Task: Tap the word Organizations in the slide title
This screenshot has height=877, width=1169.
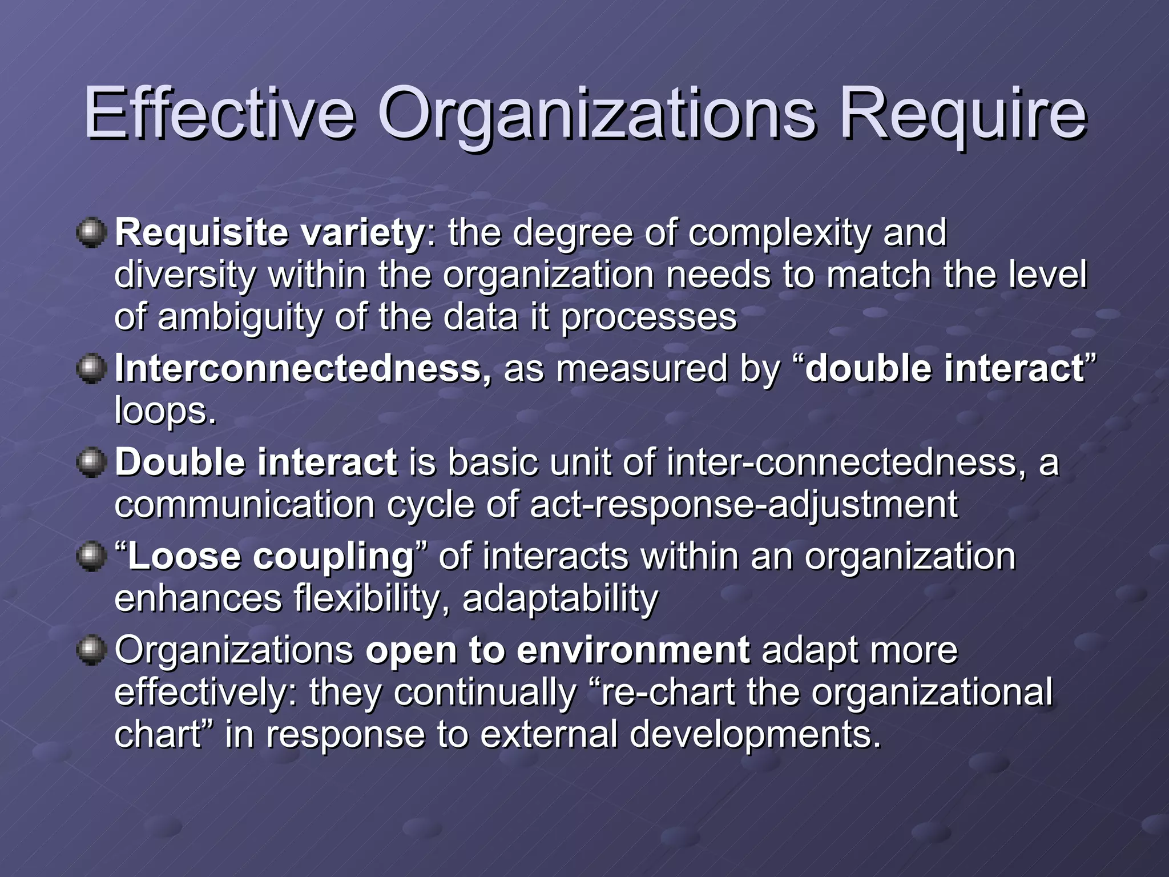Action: pos(596,114)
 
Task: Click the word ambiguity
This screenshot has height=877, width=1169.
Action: pos(240,317)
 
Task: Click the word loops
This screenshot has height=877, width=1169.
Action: pos(165,411)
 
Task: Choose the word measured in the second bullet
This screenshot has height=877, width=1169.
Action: pos(642,368)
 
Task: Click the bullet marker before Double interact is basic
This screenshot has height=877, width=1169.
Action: pos(91,462)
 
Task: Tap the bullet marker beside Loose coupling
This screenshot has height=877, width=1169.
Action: pos(91,556)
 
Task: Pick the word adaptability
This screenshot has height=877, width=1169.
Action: pos(560,598)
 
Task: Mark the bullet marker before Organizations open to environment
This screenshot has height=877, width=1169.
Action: pos(91,650)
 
